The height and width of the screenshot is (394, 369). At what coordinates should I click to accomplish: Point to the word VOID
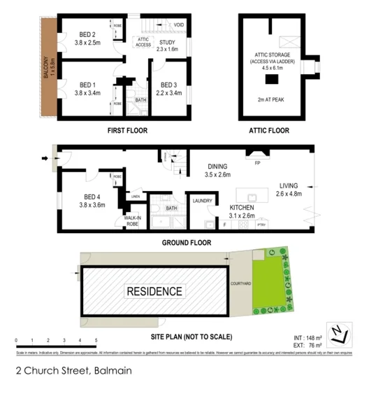pos(180,24)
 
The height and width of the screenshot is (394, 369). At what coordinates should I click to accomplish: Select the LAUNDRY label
pos(202,200)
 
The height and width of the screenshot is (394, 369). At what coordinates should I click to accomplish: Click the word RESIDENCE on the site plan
pos(154,291)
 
